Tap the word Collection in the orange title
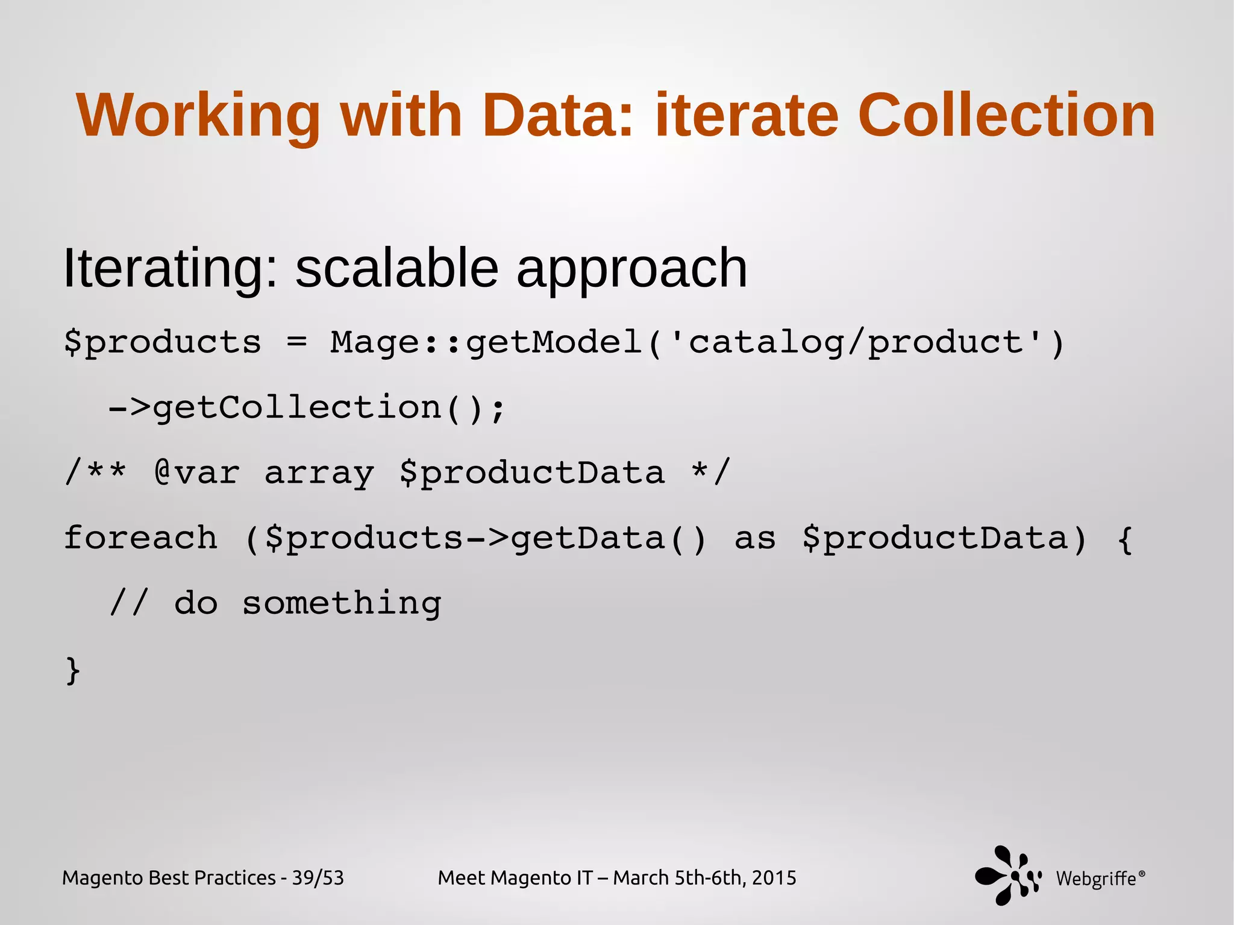point(1006,116)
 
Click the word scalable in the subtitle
point(396,268)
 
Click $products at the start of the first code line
point(163,342)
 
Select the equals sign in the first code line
point(296,342)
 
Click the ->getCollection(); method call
point(306,408)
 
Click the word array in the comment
point(319,474)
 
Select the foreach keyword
point(140,538)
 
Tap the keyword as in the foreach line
point(755,538)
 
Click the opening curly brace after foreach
point(1124,539)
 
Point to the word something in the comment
point(342,604)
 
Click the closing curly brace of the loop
point(72,670)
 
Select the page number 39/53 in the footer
point(318,878)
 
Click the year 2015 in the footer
point(774,878)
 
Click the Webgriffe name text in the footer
point(1096,879)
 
